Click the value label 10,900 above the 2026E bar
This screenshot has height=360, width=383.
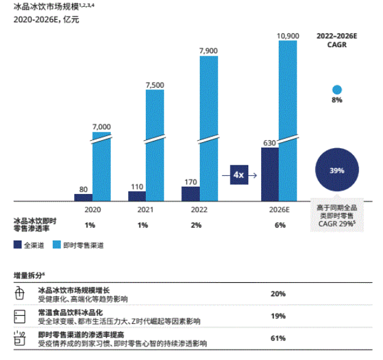(289, 36)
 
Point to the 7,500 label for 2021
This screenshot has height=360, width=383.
(154, 84)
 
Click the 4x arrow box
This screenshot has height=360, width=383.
(238, 175)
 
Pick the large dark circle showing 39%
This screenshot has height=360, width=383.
(336, 171)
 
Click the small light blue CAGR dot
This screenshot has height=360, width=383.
(336, 89)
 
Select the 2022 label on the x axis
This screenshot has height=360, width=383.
(200, 209)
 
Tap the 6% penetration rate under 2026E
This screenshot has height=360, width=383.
(279, 225)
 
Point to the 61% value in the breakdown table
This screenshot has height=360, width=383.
(278, 337)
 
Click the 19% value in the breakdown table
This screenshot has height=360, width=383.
(278, 316)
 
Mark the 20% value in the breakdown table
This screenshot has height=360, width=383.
(278, 294)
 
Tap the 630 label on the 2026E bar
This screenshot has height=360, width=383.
(270, 142)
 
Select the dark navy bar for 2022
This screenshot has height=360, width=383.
(191, 193)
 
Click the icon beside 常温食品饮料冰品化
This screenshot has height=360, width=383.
(19, 316)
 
